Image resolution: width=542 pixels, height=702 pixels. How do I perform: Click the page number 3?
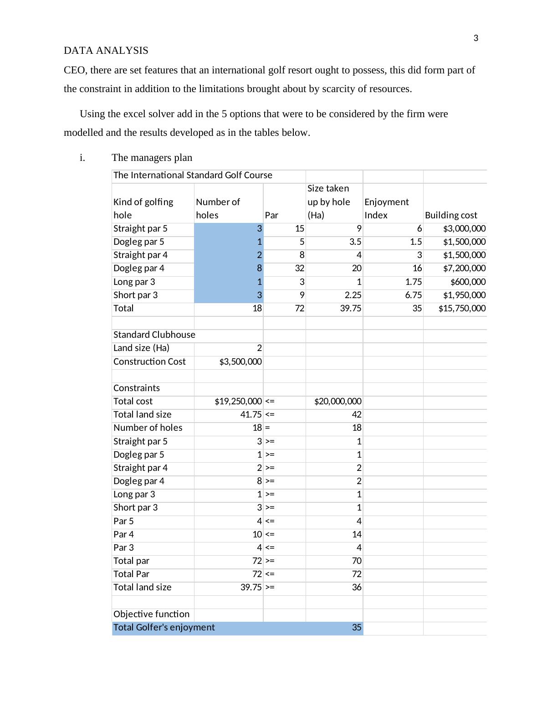coord(476,38)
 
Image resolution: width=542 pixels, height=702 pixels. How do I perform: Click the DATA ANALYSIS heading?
coord(106,51)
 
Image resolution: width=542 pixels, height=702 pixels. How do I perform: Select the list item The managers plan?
coord(152,158)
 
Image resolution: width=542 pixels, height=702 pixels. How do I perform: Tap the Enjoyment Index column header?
coord(386,208)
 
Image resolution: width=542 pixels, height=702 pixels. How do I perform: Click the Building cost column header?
coord(451,215)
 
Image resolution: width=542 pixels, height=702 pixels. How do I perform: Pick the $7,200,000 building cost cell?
coord(464,268)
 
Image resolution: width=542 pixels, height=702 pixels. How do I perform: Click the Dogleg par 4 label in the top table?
coord(139,268)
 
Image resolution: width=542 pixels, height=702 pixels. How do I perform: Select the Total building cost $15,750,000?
coord(462,309)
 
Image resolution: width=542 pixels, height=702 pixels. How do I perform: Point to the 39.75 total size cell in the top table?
coord(350,309)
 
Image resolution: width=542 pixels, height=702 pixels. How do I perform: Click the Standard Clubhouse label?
coord(154,335)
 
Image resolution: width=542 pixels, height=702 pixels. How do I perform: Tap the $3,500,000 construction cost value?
coord(240,362)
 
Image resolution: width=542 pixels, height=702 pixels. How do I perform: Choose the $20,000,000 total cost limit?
coord(338,402)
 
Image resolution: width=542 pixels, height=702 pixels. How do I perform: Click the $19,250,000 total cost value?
coord(238,402)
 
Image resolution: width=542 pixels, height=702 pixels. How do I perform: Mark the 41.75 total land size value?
coord(251,415)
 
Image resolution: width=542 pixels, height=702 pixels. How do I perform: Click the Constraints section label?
coord(137,388)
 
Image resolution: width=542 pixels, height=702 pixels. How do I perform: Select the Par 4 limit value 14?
coord(357,535)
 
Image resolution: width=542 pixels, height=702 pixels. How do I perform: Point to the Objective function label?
coord(151,614)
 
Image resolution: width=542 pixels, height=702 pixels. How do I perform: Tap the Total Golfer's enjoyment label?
coord(164,628)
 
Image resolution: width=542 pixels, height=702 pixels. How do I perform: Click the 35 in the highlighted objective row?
coord(357,628)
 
